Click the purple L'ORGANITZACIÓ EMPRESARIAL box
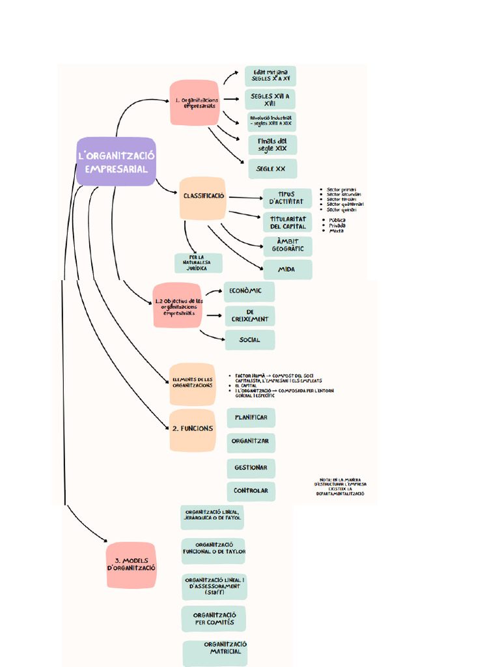116,162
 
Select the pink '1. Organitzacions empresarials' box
193,102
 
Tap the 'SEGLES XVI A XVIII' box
270,100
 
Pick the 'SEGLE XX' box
272,169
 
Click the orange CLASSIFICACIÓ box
203,197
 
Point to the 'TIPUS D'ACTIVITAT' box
286,198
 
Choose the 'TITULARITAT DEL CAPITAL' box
287,222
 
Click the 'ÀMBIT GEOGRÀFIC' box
287,246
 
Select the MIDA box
287,269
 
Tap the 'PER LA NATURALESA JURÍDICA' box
198,263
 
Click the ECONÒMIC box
249,291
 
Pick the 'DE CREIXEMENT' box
249,316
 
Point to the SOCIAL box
249,339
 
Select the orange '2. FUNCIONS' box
192,429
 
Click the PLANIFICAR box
251,418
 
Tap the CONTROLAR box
251,490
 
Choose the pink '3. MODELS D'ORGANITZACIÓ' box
131,565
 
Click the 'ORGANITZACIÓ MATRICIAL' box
215,652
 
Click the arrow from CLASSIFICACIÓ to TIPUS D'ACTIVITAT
244,197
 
